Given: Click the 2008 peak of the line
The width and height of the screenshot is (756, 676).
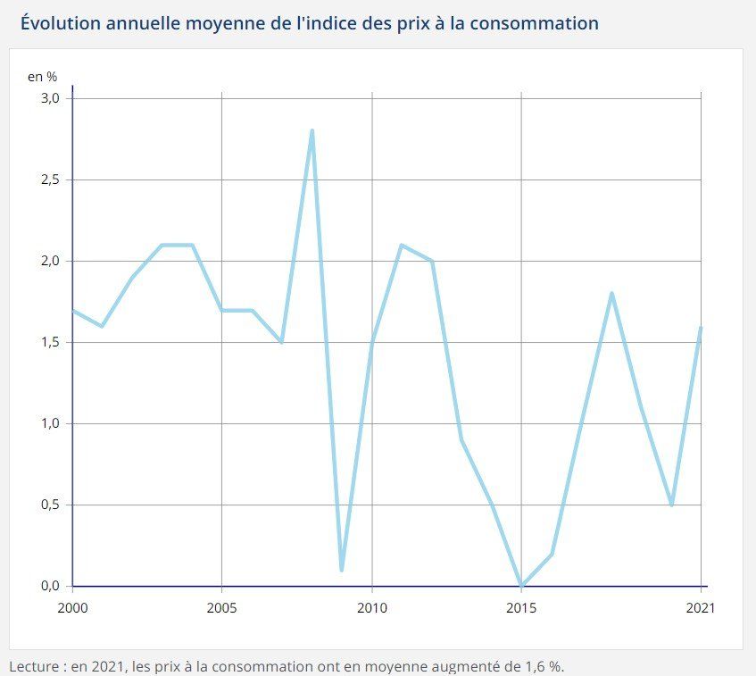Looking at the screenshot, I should (312, 131).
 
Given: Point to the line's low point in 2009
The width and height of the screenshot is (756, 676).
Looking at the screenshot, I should (342, 569).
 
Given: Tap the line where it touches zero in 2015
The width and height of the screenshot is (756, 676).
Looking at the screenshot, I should (521, 585).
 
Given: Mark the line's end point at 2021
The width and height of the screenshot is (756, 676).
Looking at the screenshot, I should (701, 327).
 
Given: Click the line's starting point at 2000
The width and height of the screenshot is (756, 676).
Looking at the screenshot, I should (72, 310).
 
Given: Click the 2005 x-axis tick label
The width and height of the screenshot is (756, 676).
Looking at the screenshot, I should (221, 607).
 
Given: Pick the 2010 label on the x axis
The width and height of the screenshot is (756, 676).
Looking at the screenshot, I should (371, 607).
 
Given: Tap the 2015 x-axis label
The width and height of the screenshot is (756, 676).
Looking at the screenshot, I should (521, 607).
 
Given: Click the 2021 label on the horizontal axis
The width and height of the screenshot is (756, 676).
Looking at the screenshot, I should (701, 607).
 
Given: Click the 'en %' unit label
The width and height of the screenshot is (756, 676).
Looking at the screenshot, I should (42, 77).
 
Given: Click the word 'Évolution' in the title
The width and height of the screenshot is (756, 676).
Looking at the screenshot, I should (58, 22).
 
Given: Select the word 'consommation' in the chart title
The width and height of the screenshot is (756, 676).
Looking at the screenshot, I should (540, 22).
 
